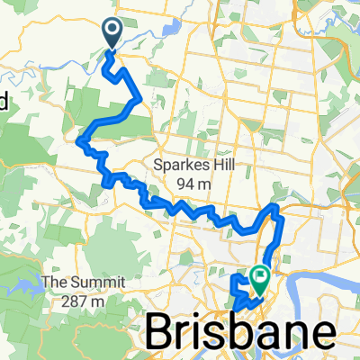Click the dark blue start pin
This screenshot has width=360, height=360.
pos(113,33)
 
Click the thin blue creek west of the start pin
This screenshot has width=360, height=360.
pos(72,63)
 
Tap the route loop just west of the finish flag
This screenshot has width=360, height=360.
pos(239,285)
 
